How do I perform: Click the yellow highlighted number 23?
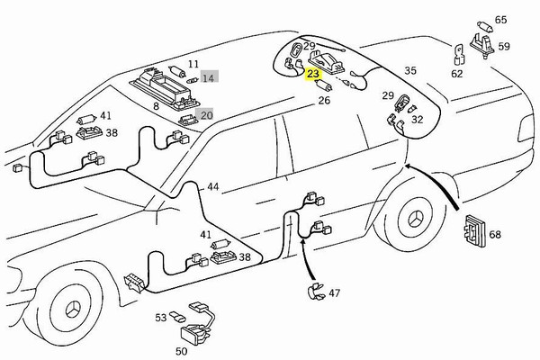(x=313, y=75)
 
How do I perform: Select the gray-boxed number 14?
(x=208, y=78)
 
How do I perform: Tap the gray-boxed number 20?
(x=206, y=115)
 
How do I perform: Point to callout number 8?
(x=155, y=106)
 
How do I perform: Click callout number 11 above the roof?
(x=192, y=65)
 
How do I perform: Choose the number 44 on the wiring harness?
(x=212, y=187)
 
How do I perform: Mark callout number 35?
(x=409, y=70)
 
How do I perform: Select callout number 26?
(x=324, y=101)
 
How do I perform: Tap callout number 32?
(x=417, y=118)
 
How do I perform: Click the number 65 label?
(x=501, y=19)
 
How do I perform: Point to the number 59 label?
(x=504, y=46)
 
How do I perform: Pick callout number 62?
(x=457, y=73)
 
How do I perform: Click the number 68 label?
(x=494, y=235)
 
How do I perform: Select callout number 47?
(x=334, y=292)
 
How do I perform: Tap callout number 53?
(x=160, y=317)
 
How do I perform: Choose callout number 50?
(x=181, y=351)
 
